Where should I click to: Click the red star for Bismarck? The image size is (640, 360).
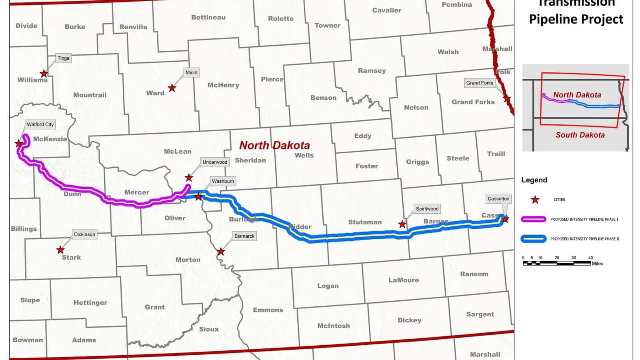[221, 252]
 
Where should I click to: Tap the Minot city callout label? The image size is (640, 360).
[192, 72]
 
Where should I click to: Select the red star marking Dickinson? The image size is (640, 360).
[60, 250]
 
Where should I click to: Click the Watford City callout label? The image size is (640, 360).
[40, 124]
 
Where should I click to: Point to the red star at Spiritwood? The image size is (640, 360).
[402, 224]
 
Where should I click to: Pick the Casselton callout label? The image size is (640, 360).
[498, 198]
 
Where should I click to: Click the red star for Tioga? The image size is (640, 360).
[44, 74]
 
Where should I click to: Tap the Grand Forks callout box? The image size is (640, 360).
[480, 83]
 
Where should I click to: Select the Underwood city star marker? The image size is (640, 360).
[189, 178]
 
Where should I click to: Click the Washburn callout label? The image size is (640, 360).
[223, 181]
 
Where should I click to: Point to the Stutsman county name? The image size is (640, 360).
[365, 222]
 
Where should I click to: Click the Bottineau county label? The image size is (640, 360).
[208, 17]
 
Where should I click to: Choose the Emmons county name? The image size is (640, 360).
[268, 310]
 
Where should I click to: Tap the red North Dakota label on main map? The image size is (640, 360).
[274, 145]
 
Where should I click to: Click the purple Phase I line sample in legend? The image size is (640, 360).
[534, 219]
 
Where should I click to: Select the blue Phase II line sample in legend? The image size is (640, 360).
[534, 239]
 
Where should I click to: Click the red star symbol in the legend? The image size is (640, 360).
[535, 200]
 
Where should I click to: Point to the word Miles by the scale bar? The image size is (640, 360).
[597, 264]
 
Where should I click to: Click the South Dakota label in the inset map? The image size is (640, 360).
[580, 135]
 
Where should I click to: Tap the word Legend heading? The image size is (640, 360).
[534, 180]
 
